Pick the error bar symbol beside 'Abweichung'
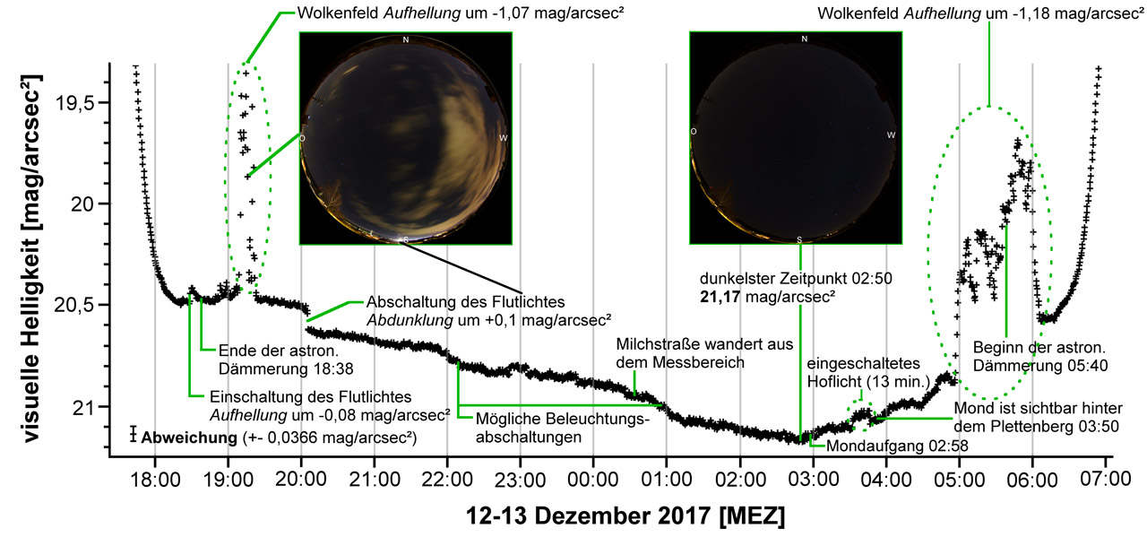coord(133,434)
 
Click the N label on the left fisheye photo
coord(406,39)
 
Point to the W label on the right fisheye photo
coord(891,134)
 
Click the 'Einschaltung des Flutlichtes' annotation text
coord(310,396)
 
